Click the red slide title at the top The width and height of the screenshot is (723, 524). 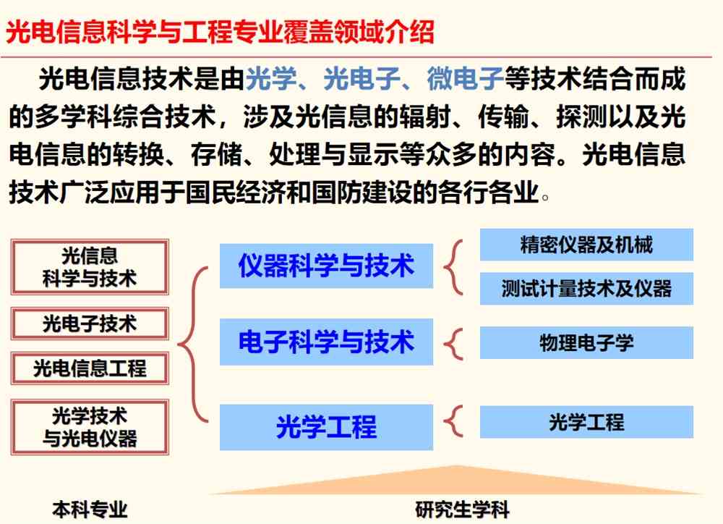point(220,32)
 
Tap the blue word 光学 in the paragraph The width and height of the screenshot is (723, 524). point(271,78)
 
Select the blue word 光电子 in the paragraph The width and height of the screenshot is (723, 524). point(361,78)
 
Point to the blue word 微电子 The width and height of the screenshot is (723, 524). point(465,78)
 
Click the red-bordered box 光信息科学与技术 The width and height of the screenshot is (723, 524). point(90,267)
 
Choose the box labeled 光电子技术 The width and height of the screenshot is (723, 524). point(90,324)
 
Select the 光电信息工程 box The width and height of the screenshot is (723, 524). point(90,368)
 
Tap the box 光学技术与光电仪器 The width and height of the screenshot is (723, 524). point(90,427)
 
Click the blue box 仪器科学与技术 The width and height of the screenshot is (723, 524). point(327,266)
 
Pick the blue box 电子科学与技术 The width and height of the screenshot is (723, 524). point(327,342)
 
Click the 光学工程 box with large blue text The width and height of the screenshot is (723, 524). point(327,427)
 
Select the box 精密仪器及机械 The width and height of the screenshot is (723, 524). point(586,245)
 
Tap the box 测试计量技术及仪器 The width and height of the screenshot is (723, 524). point(586,289)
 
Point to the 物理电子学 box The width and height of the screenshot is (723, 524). point(586,342)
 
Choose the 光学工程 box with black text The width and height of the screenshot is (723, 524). point(586,422)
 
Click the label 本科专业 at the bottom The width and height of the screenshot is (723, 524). point(90,510)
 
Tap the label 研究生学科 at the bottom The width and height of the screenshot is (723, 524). point(462,510)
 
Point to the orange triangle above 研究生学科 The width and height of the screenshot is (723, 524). point(456,483)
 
